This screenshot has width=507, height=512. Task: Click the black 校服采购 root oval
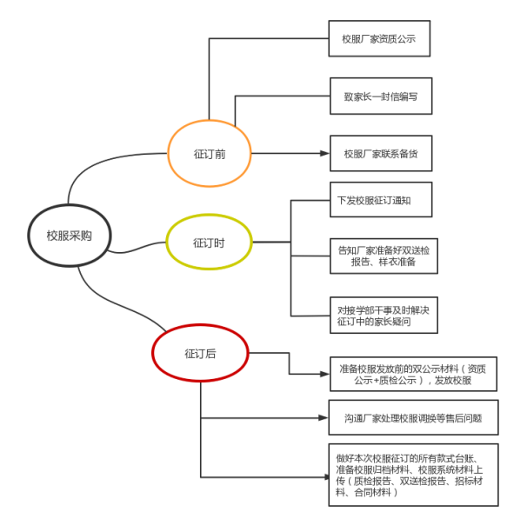(29, 236)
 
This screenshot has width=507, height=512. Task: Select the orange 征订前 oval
(169, 154)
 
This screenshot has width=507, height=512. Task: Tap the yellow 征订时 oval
(167, 242)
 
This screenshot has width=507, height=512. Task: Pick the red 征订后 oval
(153, 353)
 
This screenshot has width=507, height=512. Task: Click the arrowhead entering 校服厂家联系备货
(324, 154)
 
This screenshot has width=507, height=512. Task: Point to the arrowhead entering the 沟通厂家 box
(324, 417)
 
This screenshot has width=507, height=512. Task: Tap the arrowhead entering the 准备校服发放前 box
(324, 374)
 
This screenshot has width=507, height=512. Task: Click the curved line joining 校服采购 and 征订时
(137, 248)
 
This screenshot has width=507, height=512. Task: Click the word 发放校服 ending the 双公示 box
(453, 381)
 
